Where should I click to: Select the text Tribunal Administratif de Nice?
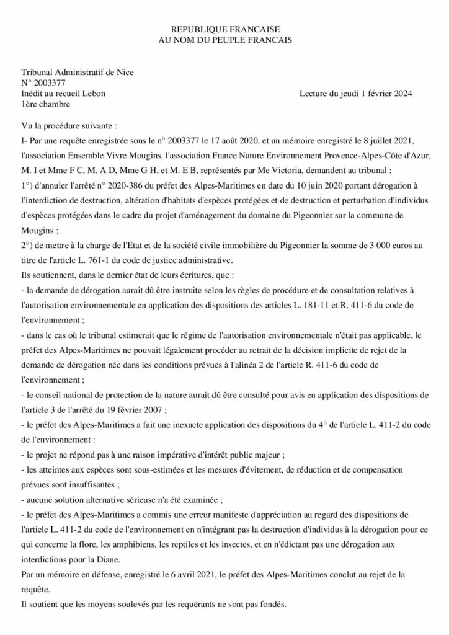[x=78, y=73]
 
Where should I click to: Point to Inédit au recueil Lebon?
[x=63, y=94]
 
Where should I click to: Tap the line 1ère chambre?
[x=46, y=104]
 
